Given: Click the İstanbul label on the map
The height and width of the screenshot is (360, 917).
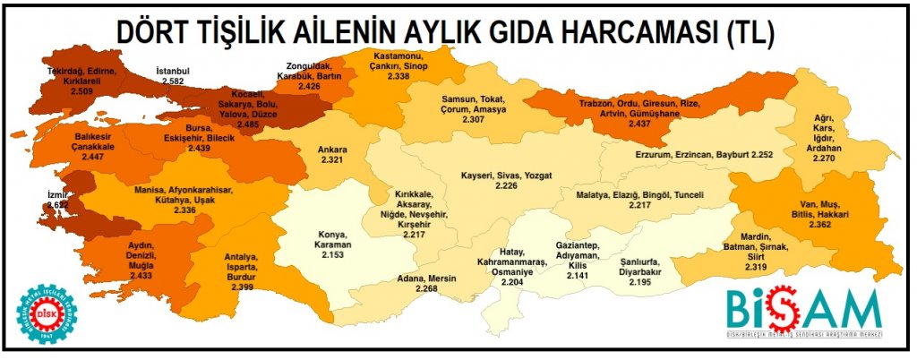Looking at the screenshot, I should [173, 71].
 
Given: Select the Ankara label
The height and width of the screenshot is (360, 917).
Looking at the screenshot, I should [332, 150].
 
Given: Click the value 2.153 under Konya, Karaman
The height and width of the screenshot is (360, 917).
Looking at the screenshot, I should [331, 255].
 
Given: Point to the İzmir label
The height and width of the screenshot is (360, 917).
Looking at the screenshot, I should [57, 193].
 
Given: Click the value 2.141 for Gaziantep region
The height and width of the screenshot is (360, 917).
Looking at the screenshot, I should [578, 277].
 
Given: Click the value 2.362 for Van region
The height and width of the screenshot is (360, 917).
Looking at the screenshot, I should [818, 225].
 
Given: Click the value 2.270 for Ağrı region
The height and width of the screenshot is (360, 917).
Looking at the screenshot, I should [823, 158].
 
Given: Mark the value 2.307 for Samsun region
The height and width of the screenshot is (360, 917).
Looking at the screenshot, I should [475, 119].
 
